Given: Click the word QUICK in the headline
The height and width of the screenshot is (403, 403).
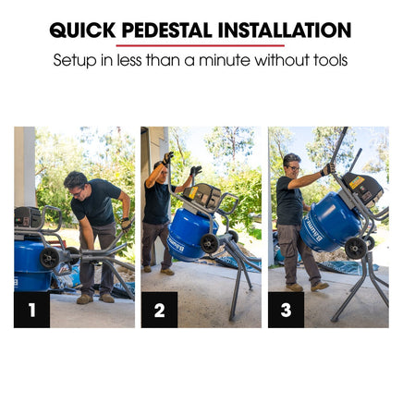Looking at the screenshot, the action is pos(82,31).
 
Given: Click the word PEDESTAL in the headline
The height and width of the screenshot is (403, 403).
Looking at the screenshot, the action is pos(166,31).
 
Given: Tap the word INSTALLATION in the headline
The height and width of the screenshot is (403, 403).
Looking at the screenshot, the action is pos(285,31).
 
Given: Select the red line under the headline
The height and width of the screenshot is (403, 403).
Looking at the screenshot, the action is pos(201,45).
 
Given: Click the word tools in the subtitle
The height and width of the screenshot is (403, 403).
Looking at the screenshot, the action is pos(330,60).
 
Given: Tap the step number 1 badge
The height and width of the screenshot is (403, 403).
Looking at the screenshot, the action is pos(31,310).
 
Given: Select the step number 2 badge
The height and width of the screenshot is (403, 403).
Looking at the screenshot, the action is pos(159,310).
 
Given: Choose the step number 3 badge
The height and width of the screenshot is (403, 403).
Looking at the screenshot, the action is pos(286,310).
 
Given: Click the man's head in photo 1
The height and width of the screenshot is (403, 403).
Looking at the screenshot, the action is pos(76,184).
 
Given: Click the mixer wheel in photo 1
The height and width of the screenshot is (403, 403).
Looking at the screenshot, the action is pos(50,257).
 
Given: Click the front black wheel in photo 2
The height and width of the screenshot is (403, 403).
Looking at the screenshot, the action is pos(210,243).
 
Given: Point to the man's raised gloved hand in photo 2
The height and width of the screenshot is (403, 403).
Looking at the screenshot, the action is pos(168,158).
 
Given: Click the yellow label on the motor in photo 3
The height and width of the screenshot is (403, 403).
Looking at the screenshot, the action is pos(357,182).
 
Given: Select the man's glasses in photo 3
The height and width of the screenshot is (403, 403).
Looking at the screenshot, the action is pos(294,168).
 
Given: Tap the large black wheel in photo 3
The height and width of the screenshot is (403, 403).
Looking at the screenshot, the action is pos(356,248).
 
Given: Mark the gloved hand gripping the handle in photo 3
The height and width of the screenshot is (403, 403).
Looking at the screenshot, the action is pos(327,169).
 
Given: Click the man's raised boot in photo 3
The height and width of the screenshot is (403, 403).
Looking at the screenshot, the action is pos(319,287).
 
